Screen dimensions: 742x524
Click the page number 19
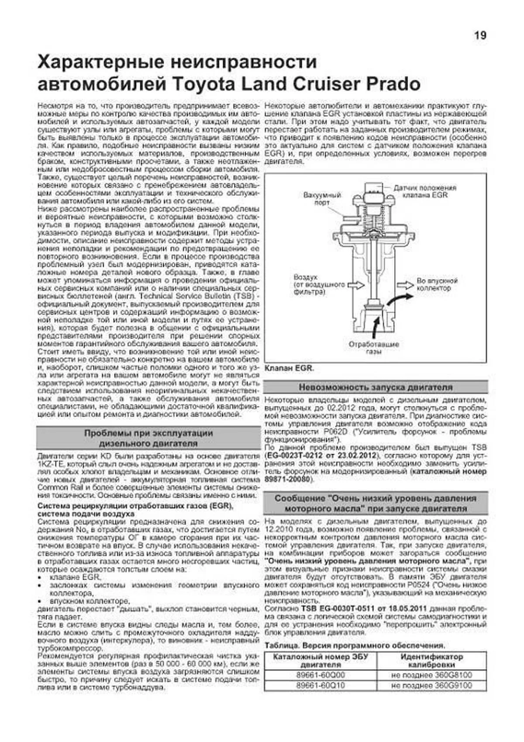[x=480, y=35]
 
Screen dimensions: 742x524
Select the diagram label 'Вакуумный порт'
[x=322, y=199]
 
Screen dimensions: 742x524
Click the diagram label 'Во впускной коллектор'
[x=437, y=284]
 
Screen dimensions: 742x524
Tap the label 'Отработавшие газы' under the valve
[x=374, y=348]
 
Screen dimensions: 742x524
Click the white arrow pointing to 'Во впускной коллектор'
[x=405, y=285]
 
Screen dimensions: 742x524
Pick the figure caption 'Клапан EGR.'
[x=289, y=368]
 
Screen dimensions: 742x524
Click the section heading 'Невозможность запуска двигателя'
[x=376, y=387]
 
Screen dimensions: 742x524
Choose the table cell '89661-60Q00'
[x=321, y=675]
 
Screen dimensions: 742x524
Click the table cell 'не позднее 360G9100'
[x=431, y=685]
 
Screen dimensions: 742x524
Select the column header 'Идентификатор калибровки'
[x=431, y=661]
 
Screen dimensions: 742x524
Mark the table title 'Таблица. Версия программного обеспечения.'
[x=355, y=645]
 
